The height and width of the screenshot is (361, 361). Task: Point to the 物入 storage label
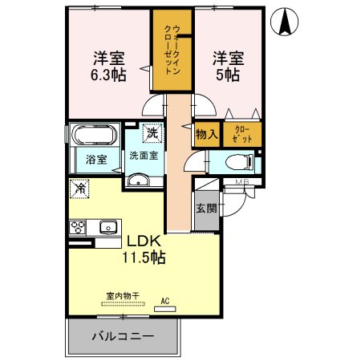coord(206,135)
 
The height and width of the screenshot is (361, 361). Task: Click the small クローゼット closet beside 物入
coord(242,134)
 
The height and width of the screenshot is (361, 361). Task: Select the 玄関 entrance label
coord(205,208)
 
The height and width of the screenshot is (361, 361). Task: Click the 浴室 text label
coord(97,160)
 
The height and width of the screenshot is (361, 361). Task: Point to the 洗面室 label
coord(144,155)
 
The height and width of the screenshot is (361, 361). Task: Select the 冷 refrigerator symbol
coord(79,189)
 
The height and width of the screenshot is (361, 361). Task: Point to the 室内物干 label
coord(123,296)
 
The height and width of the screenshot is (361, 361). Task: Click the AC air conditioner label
coord(166,301)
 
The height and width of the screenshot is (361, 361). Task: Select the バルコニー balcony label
coord(122,336)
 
